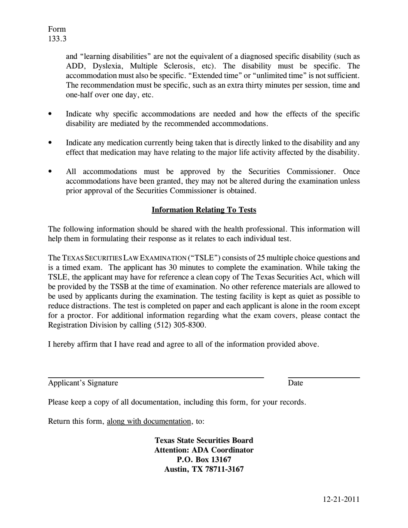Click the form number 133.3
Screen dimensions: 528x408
[57, 39]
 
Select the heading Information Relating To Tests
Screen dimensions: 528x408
[204, 210]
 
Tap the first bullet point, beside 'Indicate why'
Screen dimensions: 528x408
[50, 114]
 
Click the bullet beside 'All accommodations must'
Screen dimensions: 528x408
[50, 172]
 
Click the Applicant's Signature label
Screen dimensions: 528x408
[83, 383]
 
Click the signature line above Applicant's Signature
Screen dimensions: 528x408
[155, 377]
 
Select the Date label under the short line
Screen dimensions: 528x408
[295, 383]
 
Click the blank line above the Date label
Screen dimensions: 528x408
[324, 377]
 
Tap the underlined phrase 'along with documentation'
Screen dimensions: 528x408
[149, 421]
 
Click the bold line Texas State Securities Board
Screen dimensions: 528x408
[204, 440]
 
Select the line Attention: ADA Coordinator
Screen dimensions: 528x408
[204, 450]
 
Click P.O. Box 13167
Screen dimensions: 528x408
[204, 460]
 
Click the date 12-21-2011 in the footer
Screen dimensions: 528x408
[341, 499]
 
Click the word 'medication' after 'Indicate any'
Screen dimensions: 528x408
[125, 143]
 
